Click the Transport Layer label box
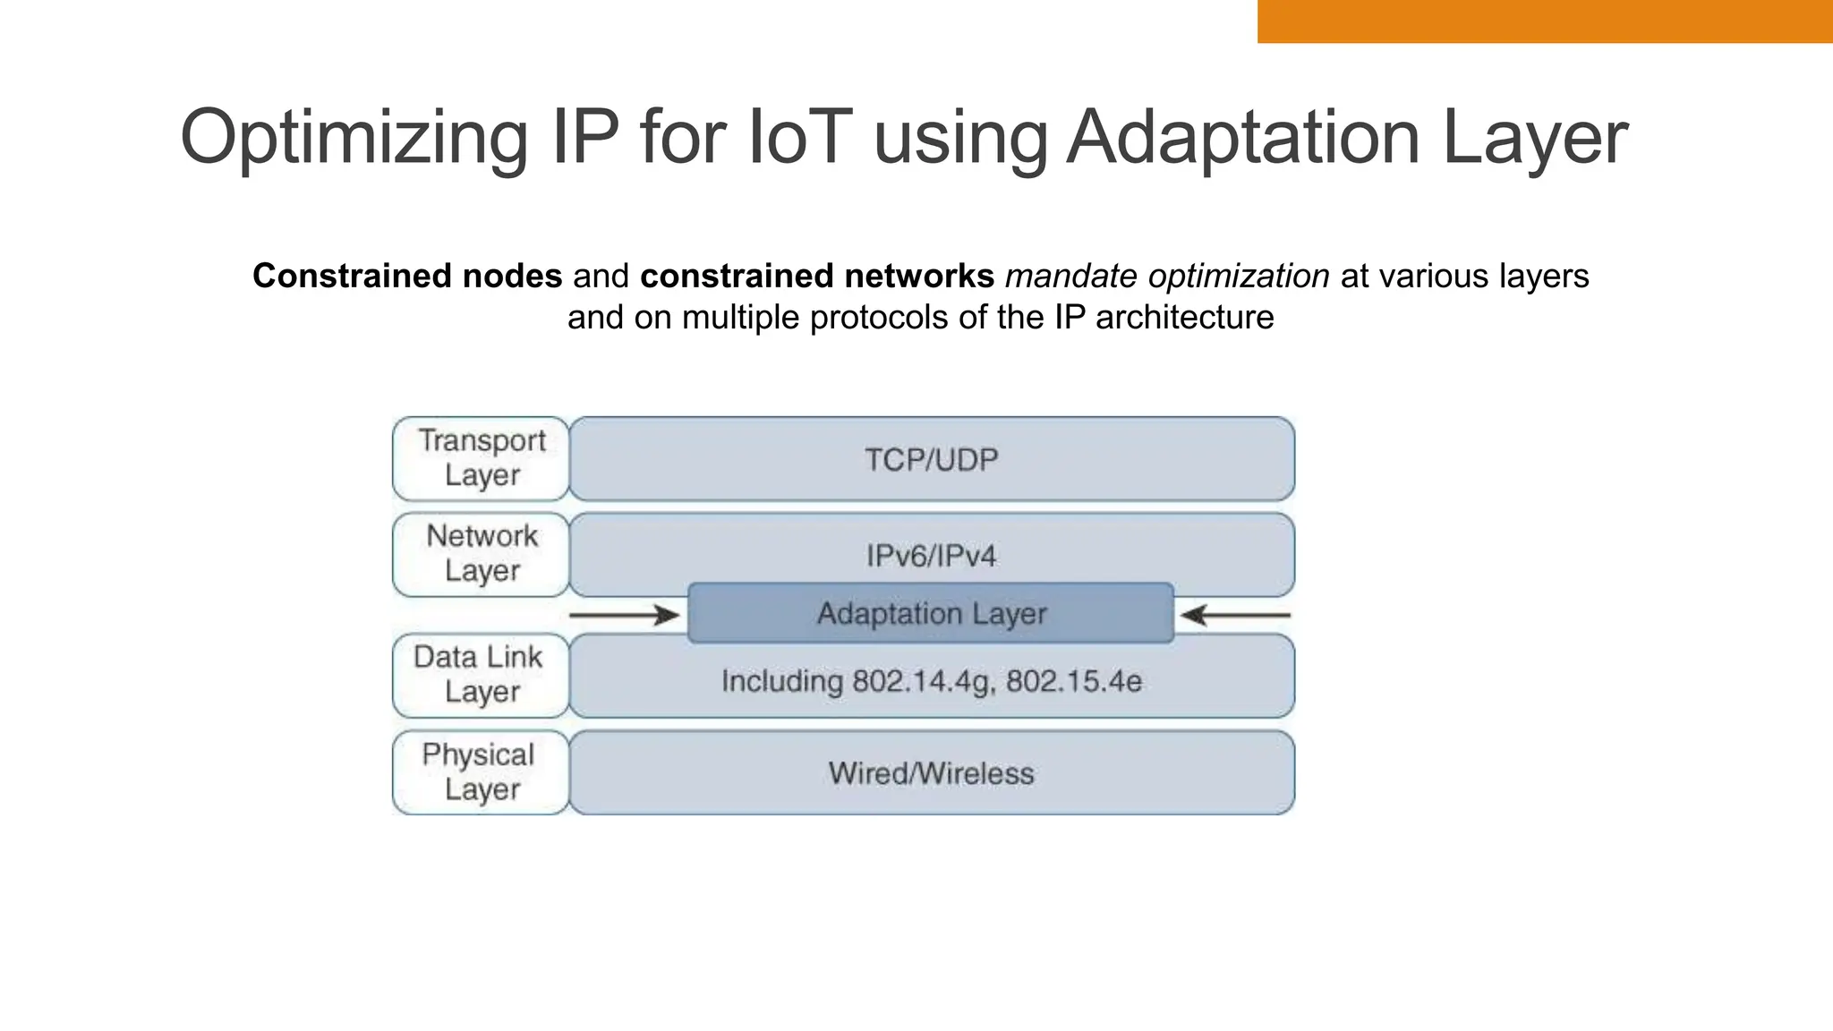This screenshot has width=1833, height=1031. point(482,458)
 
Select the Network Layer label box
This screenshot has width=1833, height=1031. point(482,554)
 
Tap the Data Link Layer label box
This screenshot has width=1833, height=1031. point(480,675)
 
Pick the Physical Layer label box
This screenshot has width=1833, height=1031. point(480,772)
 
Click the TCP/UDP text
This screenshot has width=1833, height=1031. point(931,460)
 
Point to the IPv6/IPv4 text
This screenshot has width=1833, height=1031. point(931,556)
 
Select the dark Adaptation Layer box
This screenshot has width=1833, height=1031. point(931,614)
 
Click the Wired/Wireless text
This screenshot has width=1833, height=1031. point(931,773)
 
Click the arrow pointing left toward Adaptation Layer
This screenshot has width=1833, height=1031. point(1235,616)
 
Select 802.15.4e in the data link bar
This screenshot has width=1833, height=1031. point(1074,682)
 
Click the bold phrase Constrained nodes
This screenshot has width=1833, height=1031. point(407,277)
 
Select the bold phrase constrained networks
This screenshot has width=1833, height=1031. point(817,277)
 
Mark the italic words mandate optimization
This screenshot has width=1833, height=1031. point(1167,277)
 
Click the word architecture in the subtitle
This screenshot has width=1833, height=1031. point(1184,318)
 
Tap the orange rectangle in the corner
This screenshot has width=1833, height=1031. point(1545,21)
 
